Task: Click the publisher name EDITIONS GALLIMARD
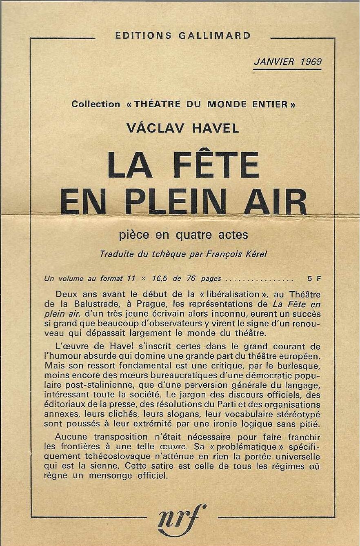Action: click(x=183, y=36)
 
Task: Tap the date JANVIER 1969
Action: click(x=287, y=62)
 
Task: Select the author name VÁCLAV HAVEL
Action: click(x=182, y=128)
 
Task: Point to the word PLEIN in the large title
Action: click(x=178, y=200)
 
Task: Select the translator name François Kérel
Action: click(x=240, y=253)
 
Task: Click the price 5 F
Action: click(x=314, y=279)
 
